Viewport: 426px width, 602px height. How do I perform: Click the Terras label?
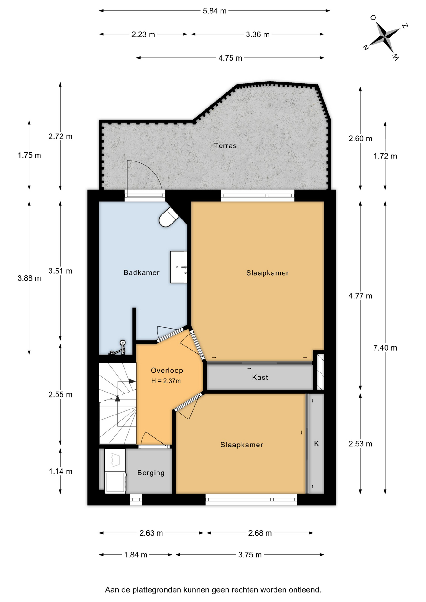point(225,145)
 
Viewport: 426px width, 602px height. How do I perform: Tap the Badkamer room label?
point(141,272)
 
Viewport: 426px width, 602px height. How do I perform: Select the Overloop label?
point(167,370)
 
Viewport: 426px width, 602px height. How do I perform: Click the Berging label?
point(151,473)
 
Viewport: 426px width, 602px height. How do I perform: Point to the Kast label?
point(260,377)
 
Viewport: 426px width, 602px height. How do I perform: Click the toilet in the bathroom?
point(169,217)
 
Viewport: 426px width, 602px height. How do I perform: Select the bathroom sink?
point(178,267)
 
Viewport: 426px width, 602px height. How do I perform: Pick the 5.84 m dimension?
point(215,11)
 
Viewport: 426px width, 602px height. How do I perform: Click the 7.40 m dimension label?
point(385,347)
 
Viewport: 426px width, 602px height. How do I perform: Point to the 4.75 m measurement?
point(230,58)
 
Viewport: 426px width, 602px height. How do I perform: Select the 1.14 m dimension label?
point(60,471)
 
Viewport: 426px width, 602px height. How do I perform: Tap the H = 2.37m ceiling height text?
point(166,381)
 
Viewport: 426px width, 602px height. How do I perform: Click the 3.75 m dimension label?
point(250,555)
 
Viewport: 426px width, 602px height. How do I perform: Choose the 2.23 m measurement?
point(143,34)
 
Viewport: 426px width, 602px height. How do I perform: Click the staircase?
point(118,403)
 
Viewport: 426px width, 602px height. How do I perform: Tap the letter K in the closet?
point(317,443)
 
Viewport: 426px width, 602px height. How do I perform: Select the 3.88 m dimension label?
point(29,278)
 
